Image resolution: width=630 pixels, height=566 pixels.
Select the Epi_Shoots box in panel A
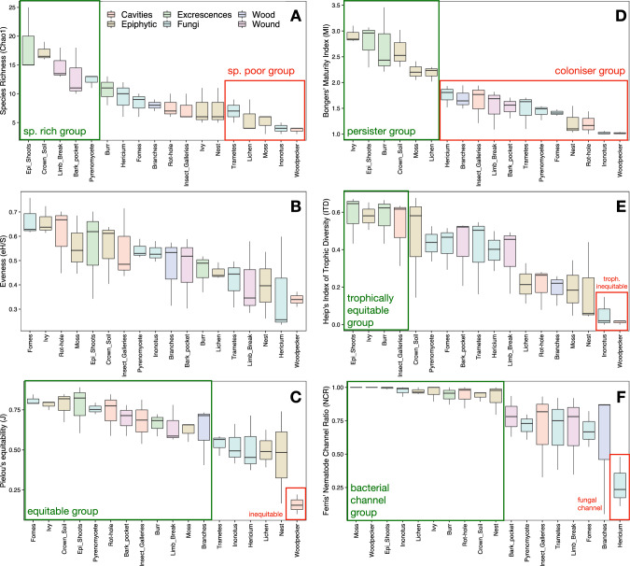point(28,50)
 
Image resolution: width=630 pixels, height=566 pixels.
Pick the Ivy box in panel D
point(353,36)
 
